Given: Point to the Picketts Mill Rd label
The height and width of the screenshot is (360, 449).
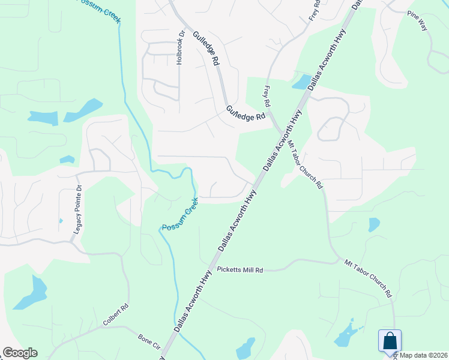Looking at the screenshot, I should pyautogui.click(x=240, y=271).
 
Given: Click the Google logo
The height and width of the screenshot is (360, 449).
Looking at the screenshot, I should pyautogui.click(x=20, y=353).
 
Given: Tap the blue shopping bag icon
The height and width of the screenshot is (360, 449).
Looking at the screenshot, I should pyautogui.click(x=390, y=341).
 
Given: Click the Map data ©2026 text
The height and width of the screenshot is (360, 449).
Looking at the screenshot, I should pyautogui.click(x=424, y=355).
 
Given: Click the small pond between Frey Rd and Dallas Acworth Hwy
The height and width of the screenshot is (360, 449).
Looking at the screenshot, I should pyautogui.click(x=301, y=82).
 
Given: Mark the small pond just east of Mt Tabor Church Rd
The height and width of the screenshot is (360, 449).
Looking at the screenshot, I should pyautogui.click(x=374, y=224).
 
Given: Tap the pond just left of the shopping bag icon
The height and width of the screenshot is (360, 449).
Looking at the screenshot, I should pyautogui.click(x=345, y=337).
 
